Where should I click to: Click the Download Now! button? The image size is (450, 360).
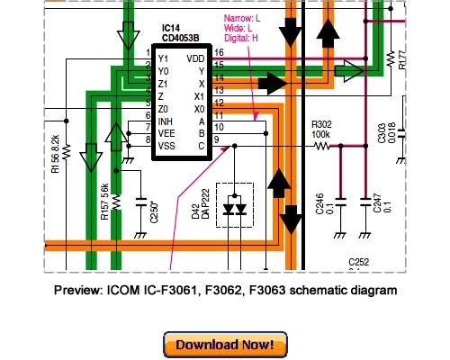[x=225, y=345]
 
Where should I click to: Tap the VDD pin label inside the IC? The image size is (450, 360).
[x=194, y=58]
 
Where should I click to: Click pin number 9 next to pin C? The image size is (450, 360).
[x=216, y=138]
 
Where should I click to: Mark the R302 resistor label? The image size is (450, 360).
[x=323, y=125]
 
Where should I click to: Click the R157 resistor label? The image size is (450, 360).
[x=105, y=205]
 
